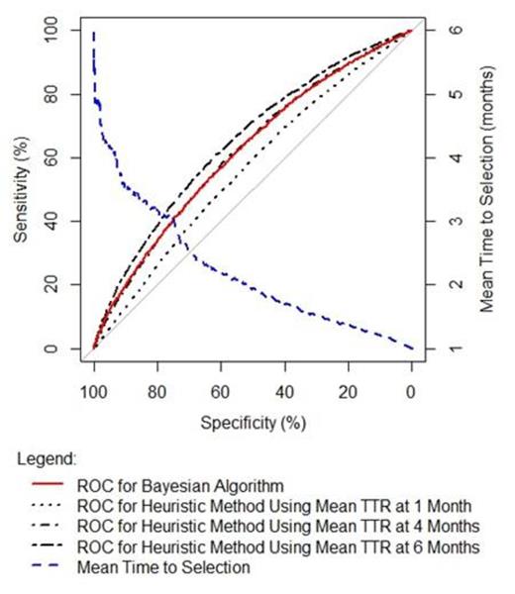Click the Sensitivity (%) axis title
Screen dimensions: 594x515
coord(20,189)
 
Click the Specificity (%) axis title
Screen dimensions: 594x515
coord(253,423)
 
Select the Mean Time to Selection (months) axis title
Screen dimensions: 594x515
coord(488,189)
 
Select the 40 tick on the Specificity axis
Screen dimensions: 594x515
coord(284,393)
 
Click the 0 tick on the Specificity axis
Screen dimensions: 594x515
coord(411,393)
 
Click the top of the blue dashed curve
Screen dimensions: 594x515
coord(94,35)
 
